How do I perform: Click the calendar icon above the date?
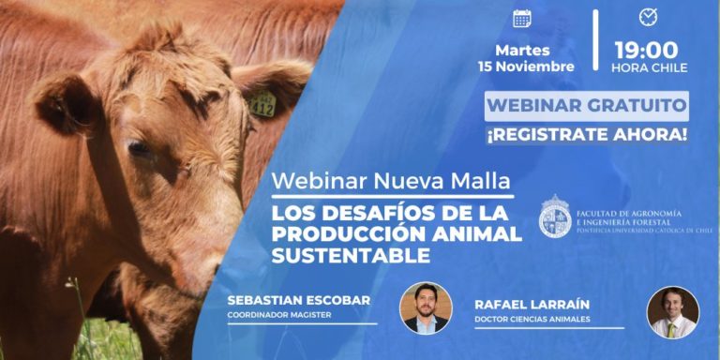522,19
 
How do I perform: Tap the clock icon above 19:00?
648,17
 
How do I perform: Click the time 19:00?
646,50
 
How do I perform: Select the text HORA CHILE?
649,68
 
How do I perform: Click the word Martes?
524,50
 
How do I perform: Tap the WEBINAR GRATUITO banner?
586,105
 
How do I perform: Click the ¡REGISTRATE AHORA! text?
586,134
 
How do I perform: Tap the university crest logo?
555,217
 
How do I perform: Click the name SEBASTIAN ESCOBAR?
298,300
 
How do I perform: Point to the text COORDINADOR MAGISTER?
278,315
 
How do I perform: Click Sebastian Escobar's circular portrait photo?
426,307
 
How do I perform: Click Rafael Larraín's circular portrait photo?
673,312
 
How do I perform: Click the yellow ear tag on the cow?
262,106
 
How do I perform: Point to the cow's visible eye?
139,148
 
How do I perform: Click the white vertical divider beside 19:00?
595,40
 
